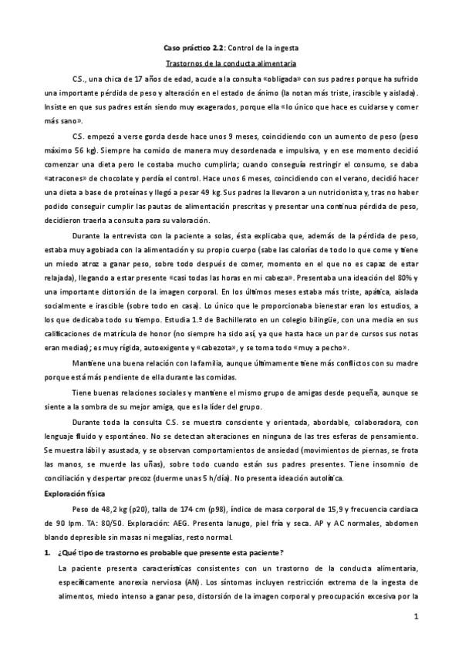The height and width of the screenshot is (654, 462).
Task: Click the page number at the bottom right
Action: click(x=415, y=617)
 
